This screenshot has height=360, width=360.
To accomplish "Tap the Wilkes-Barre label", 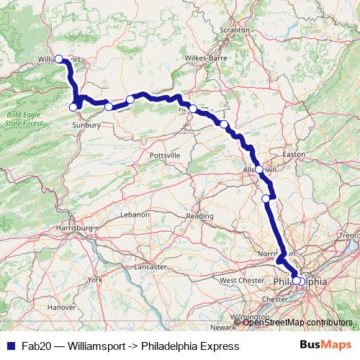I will click(205, 57).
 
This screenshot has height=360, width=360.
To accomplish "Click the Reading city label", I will click(200, 215).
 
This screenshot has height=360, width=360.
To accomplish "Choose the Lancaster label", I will click(150, 266).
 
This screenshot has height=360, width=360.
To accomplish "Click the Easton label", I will click(295, 154).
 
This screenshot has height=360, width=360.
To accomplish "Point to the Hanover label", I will click(62, 307).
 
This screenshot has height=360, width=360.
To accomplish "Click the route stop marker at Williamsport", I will click(59, 59).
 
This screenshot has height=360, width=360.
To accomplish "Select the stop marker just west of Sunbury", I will click(73, 107).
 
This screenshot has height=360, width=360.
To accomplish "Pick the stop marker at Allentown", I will click(259, 170).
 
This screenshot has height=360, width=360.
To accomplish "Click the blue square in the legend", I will click(10, 346).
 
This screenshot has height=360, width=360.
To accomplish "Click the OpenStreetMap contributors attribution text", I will click(297, 322).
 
